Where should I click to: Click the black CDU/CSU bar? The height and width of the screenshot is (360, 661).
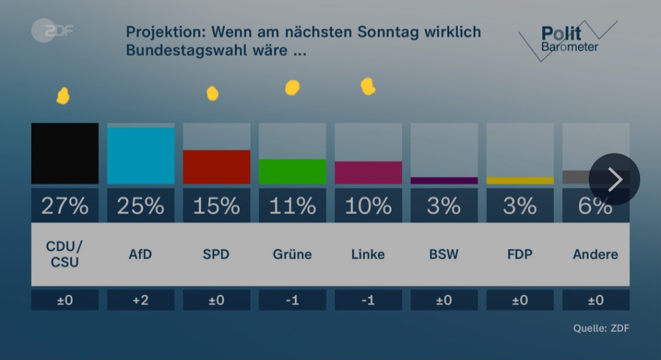(x=65, y=153)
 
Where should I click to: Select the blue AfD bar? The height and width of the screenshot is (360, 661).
(x=141, y=156)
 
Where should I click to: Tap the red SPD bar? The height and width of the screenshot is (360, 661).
(x=217, y=167)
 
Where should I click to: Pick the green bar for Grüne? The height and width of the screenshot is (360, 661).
(x=293, y=171)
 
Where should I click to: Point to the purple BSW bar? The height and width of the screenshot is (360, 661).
(x=444, y=181)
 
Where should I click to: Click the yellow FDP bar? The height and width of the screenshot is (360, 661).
(x=520, y=181)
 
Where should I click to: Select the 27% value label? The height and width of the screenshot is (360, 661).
(x=65, y=206)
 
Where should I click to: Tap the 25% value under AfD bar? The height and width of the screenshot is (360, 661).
(x=141, y=206)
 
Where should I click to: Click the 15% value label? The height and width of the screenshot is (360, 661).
(x=217, y=206)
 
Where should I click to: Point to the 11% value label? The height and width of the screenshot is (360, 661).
(x=293, y=206)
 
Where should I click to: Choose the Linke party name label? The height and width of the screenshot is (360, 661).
(x=368, y=254)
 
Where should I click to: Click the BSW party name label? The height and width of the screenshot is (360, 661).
(x=444, y=254)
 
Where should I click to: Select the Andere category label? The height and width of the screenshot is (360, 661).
(x=595, y=254)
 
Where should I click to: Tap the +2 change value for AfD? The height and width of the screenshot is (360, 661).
(x=141, y=300)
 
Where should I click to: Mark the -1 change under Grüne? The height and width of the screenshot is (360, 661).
(x=293, y=300)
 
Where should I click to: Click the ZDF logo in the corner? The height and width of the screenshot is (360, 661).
(x=52, y=31)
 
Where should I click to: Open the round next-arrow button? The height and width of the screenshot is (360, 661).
(x=614, y=179)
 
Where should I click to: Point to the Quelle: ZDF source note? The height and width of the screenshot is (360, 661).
(x=600, y=329)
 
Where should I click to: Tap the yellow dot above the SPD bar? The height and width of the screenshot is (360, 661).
(x=212, y=93)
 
